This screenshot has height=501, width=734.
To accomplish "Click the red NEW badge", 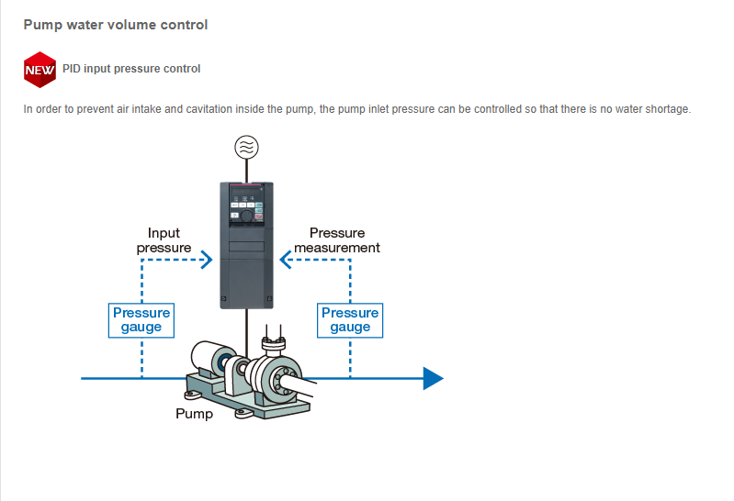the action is pyautogui.click(x=40, y=70).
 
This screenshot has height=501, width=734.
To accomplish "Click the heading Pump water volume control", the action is pyautogui.click(x=116, y=25).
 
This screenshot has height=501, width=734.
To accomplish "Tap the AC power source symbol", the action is pyautogui.click(x=247, y=148).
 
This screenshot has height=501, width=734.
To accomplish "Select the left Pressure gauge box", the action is pyautogui.click(x=141, y=320).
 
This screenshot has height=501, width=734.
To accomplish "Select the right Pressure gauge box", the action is pyautogui.click(x=350, y=320).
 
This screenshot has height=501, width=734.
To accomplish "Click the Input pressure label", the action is pyautogui.click(x=164, y=240).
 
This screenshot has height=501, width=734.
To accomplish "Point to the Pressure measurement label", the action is pyautogui.click(x=337, y=240).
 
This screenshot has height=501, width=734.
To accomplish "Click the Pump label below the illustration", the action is pyautogui.click(x=194, y=414).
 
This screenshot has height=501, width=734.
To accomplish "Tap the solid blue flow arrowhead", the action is pyautogui.click(x=433, y=378).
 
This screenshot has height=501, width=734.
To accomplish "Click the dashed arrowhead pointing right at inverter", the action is pyautogui.click(x=207, y=260).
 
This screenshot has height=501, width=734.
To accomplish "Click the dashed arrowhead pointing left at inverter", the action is pyautogui.click(x=286, y=260).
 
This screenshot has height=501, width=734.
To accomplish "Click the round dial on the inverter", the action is pyautogui.click(x=247, y=215).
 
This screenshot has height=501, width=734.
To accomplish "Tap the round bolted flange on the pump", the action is pyautogui.click(x=283, y=380).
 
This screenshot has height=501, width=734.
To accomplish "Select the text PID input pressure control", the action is pyautogui.click(x=131, y=69).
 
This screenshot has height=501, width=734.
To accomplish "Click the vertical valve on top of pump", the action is pyautogui.click(x=274, y=340).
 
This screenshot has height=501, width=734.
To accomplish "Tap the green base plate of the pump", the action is pyautogui.click(x=248, y=397).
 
